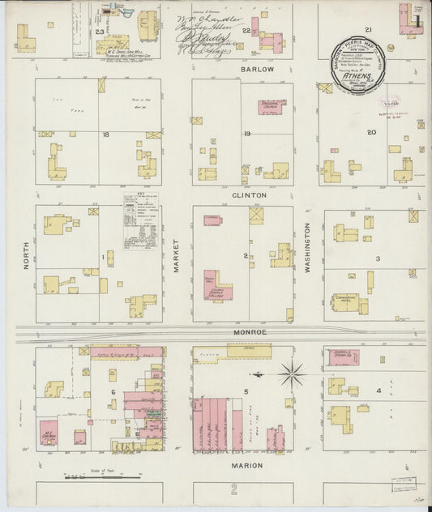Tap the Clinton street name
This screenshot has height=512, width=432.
click(248, 195)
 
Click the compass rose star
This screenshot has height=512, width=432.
click(292, 374)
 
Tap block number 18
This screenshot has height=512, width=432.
click(105, 133)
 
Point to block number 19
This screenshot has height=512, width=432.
click(246, 133)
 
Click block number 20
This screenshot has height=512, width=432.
click(372, 132)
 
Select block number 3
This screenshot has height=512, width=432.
click(377, 258)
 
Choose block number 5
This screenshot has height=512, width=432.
click(245, 392)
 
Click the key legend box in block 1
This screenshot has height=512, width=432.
click(141, 220)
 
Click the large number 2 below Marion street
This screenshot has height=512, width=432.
click(233, 489)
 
